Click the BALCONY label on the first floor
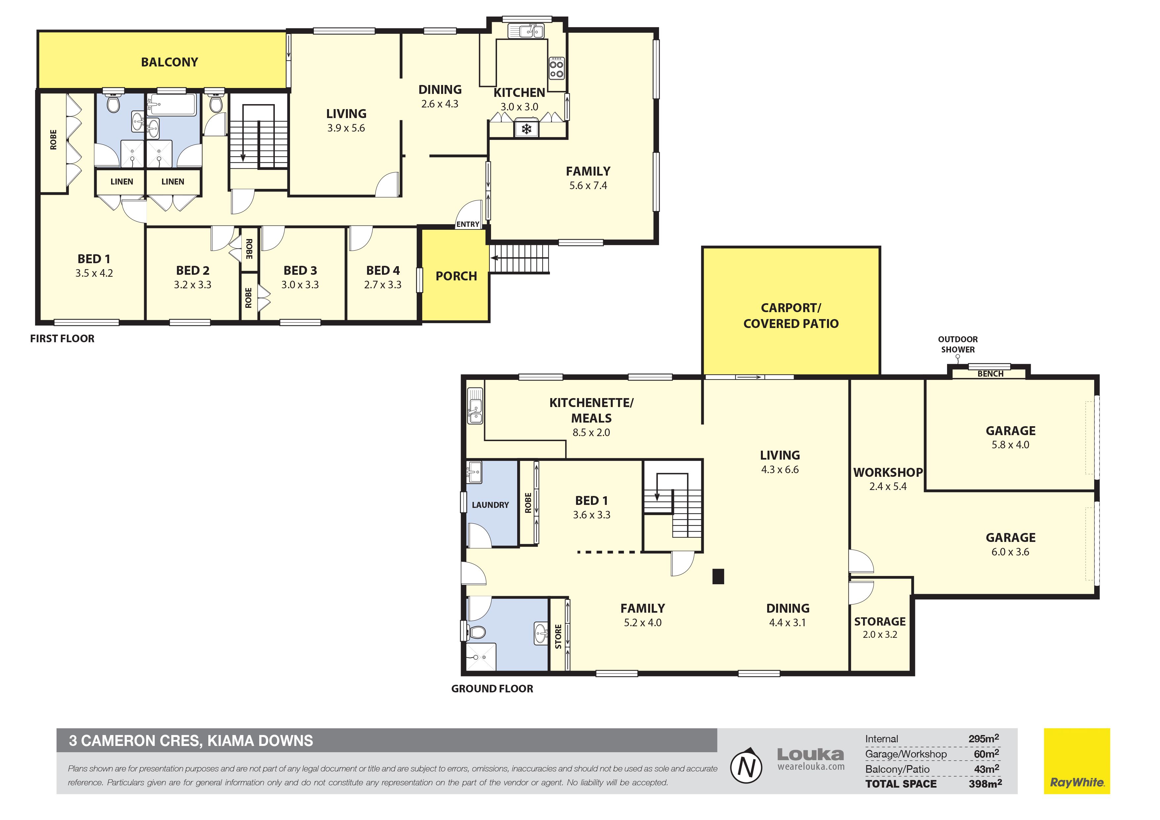tap(169, 62)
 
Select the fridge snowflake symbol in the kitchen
tap(526, 129)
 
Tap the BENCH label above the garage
tap(990, 374)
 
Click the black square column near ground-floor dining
tap(718, 576)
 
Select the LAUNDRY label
tap(490, 505)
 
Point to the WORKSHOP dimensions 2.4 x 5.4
tap(888, 486)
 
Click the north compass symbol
tap(746, 767)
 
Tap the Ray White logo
tap(1077, 761)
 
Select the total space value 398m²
tap(985, 784)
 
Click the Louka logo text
tap(810, 755)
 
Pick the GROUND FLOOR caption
tap(492, 689)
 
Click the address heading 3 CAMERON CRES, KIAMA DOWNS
tap(191, 741)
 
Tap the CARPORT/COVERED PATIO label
tap(791, 316)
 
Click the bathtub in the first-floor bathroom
tap(171, 104)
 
